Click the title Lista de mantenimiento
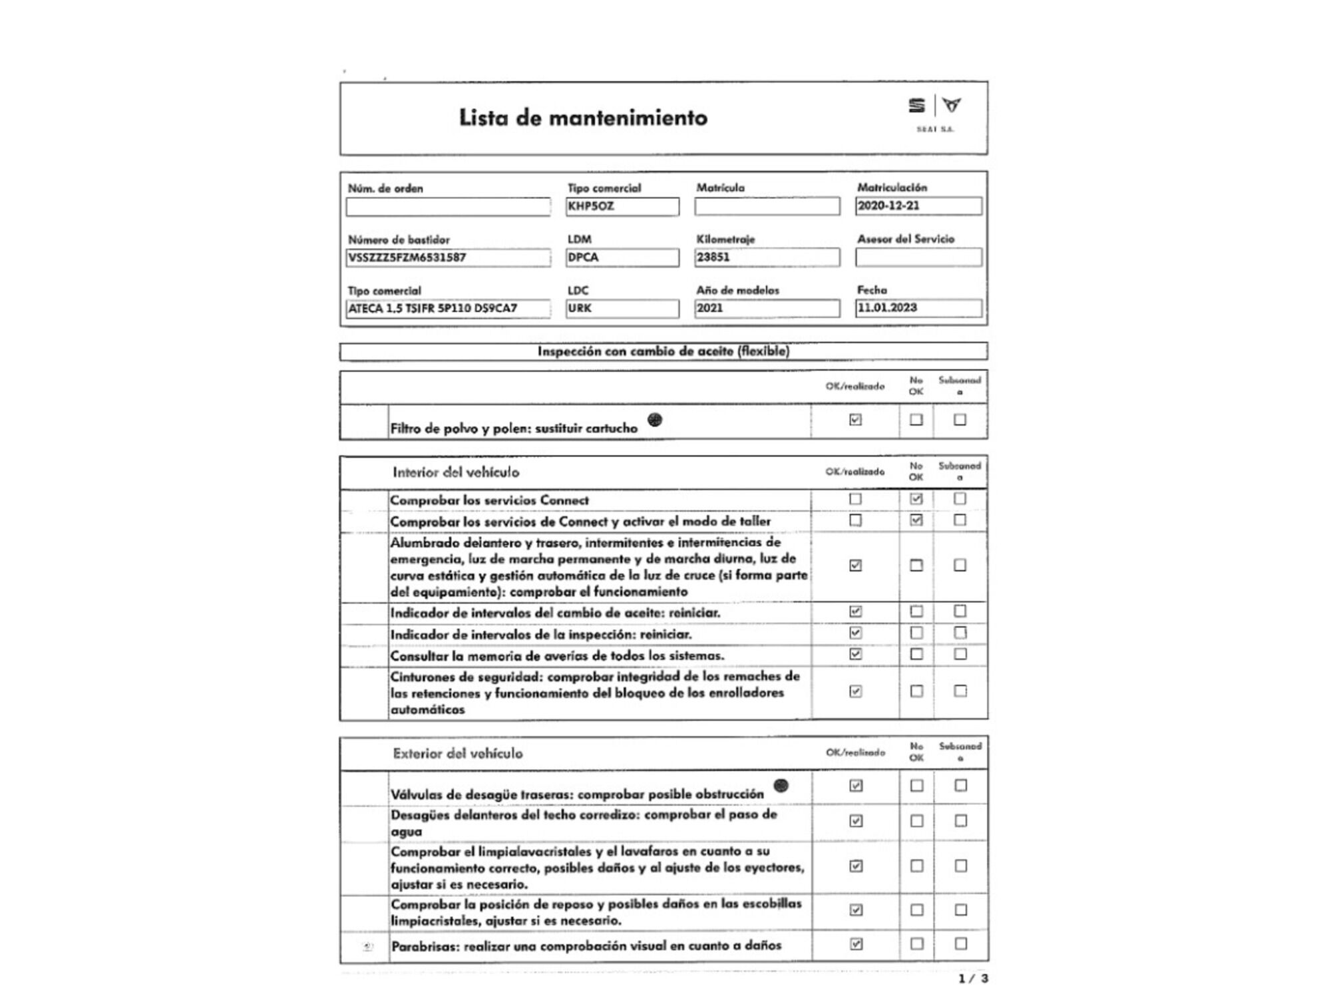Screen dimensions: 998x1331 tap(583, 118)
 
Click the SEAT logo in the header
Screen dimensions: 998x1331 tap(917, 106)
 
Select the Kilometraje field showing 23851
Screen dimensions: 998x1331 tap(767, 257)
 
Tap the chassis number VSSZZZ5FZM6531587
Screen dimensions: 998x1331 tap(448, 257)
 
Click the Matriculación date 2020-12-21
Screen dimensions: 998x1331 tap(918, 206)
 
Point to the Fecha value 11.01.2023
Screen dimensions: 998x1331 tap(918, 308)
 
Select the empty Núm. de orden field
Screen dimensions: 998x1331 tap(448, 207)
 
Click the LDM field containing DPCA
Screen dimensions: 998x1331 tap(622, 257)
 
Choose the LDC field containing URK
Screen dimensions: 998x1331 tap(622, 309)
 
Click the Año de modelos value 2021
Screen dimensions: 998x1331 tap(767, 309)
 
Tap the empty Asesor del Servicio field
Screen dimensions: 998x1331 tap(918, 257)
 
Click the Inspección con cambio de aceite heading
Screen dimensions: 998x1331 tap(663, 351)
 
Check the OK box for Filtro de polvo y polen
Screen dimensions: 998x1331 tap(855, 420)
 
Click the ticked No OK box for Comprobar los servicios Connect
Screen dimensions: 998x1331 tap(916, 498)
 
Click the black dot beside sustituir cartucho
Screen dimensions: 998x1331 tap(655, 420)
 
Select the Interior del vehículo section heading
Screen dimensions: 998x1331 tap(455, 472)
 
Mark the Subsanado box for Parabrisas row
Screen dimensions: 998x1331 tap(960, 943)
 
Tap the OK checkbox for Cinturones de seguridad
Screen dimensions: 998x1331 tap(855, 691)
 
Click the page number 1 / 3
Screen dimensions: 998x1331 tap(973, 979)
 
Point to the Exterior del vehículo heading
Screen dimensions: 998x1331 tap(457, 754)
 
